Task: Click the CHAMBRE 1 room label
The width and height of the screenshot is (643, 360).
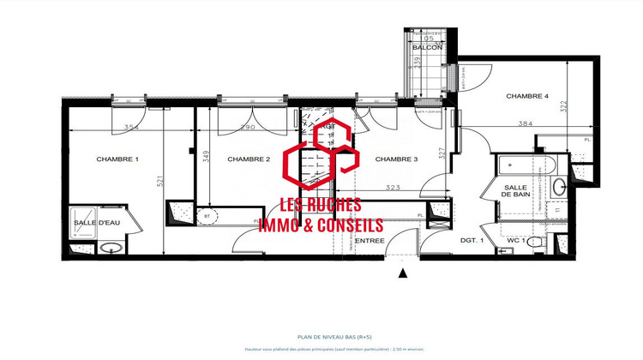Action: [x=117, y=159]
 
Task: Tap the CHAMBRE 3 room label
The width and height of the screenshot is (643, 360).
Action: [x=396, y=159]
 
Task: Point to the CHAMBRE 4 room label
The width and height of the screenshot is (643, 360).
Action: [x=527, y=95]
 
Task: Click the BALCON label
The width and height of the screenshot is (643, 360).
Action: [x=427, y=47]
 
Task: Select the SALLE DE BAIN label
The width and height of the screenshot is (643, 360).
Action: [x=517, y=191]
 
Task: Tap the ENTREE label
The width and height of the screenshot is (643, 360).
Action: [x=370, y=241]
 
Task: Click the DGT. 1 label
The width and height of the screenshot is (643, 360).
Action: [x=472, y=241]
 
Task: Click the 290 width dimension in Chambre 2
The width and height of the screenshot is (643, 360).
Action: [x=247, y=128]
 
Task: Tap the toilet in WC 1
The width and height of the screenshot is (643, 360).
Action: [x=536, y=243]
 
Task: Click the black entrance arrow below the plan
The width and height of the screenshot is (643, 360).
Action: [x=402, y=273]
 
